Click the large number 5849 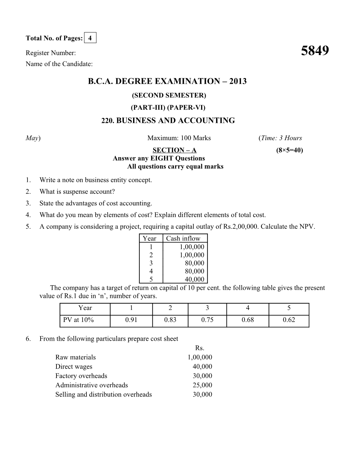tap(315, 51)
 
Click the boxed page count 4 tap(90, 38)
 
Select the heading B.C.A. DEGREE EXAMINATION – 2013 tap(167, 82)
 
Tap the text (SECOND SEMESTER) tap(169, 95)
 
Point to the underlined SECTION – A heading tap(174, 150)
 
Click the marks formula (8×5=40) tap(289, 150)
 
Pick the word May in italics tap(32, 138)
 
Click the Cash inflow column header tap(183, 239)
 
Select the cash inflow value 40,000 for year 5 tap(194, 279)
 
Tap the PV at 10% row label tap(78, 320)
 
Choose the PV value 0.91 tap(131, 320)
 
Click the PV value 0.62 tap(289, 320)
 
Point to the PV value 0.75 tap(207, 320)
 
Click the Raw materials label tap(76, 357)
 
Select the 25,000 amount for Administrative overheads tap(202, 385)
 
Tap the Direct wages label tap(74, 367)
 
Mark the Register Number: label tap(51, 53)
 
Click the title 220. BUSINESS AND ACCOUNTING tap(168, 121)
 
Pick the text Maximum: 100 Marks tap(179, 138)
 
